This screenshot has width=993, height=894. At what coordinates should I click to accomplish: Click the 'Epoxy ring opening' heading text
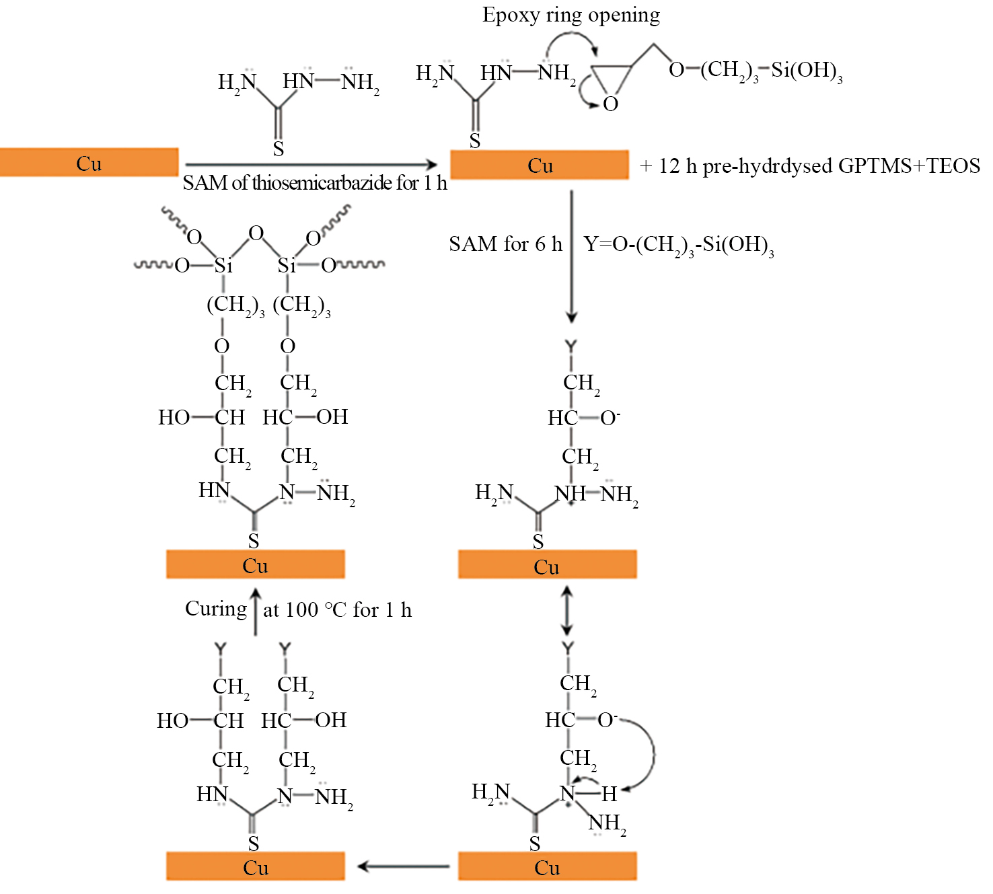[571, 16]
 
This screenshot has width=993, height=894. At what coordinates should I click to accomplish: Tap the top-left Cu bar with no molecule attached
[89, 162]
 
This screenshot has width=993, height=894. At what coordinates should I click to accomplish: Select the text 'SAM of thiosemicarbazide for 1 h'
[315, 183]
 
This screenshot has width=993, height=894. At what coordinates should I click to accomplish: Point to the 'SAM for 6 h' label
[505, 244]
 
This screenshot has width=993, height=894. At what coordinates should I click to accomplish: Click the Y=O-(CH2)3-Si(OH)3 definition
[679, 246]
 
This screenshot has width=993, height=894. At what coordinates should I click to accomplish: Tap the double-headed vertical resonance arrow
[567, 611]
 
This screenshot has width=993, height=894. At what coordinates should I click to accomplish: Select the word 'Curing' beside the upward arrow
[216, 609]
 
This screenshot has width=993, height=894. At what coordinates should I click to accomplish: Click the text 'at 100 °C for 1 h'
[338, 610]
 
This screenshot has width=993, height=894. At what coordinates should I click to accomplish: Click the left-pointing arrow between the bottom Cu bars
[404, 866]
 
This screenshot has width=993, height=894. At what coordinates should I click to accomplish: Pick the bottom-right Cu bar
[548, 866]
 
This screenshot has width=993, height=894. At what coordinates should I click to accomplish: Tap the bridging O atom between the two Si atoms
[256, 233]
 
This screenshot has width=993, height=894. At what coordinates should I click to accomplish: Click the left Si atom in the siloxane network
[223, 266]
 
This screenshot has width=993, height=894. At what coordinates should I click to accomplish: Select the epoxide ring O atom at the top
[611, 104]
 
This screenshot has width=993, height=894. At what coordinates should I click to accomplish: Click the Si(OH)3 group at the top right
[807, 71]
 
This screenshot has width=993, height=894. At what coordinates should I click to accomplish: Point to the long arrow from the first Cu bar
[311, 164]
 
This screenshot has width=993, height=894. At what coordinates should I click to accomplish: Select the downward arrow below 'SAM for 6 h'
[572, 256]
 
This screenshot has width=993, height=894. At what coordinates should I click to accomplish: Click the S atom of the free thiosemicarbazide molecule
[279, 149]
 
